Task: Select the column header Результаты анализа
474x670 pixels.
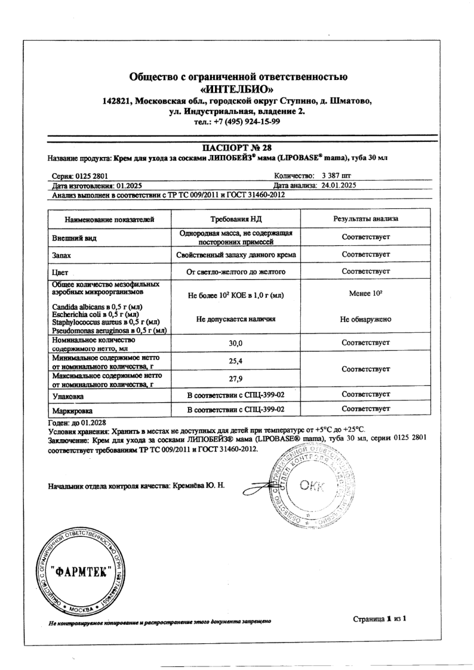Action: pos(366,219)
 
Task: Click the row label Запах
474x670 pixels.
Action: pos(63,255)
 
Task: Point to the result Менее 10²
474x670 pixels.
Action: pos(366,294)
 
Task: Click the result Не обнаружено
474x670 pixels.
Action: pos(366,319)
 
